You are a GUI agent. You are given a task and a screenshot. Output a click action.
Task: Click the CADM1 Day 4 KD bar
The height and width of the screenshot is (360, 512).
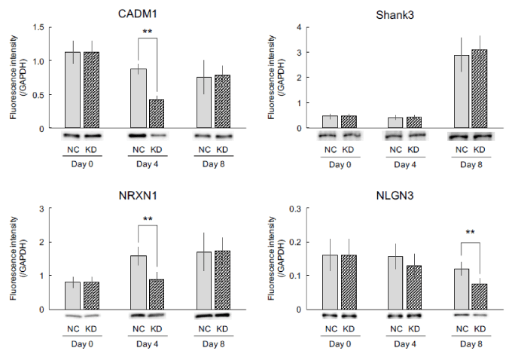[157, 114]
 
